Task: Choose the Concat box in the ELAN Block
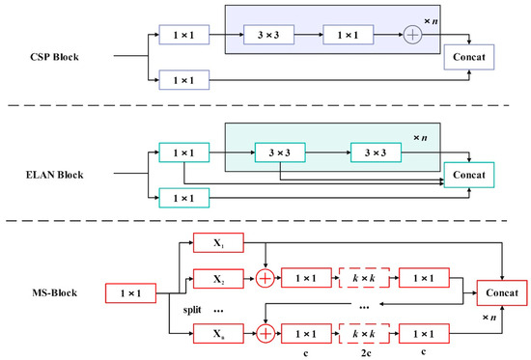[467, 175]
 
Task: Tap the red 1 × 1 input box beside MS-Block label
[127, 291]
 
